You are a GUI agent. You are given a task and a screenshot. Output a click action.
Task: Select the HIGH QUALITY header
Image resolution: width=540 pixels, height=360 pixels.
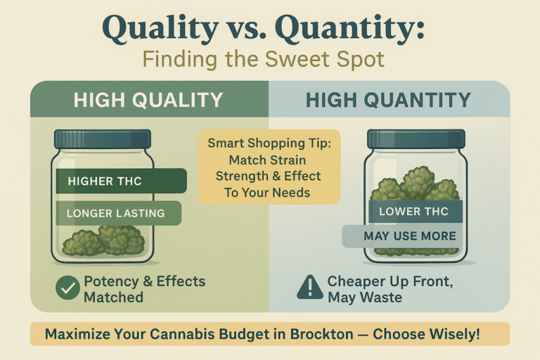coord(148,100)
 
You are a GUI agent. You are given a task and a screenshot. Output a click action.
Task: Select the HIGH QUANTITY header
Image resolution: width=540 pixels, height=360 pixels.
coord(388,100)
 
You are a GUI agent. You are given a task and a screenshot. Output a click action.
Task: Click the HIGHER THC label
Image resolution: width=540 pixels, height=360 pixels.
coord(120,181)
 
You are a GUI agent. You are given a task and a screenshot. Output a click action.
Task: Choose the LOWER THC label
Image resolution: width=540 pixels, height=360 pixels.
coord(415,211)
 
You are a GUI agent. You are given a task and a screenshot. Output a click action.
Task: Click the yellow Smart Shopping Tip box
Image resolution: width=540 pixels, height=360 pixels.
coord(269,166)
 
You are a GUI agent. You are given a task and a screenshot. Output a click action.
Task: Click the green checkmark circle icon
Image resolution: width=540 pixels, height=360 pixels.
coord(67,288)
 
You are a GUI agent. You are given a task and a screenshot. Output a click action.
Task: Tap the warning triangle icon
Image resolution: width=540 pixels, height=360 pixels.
coord(309,288)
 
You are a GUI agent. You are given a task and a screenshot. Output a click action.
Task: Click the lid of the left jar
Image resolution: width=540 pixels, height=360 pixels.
coord(103,139)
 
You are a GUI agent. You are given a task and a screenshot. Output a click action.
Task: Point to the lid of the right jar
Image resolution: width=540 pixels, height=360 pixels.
coord(416,139)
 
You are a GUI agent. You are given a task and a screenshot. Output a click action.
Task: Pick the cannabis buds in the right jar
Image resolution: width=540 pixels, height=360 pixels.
coord(415,184)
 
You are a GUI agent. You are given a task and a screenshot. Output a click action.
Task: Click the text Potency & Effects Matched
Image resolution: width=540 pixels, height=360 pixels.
coord(144,289)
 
